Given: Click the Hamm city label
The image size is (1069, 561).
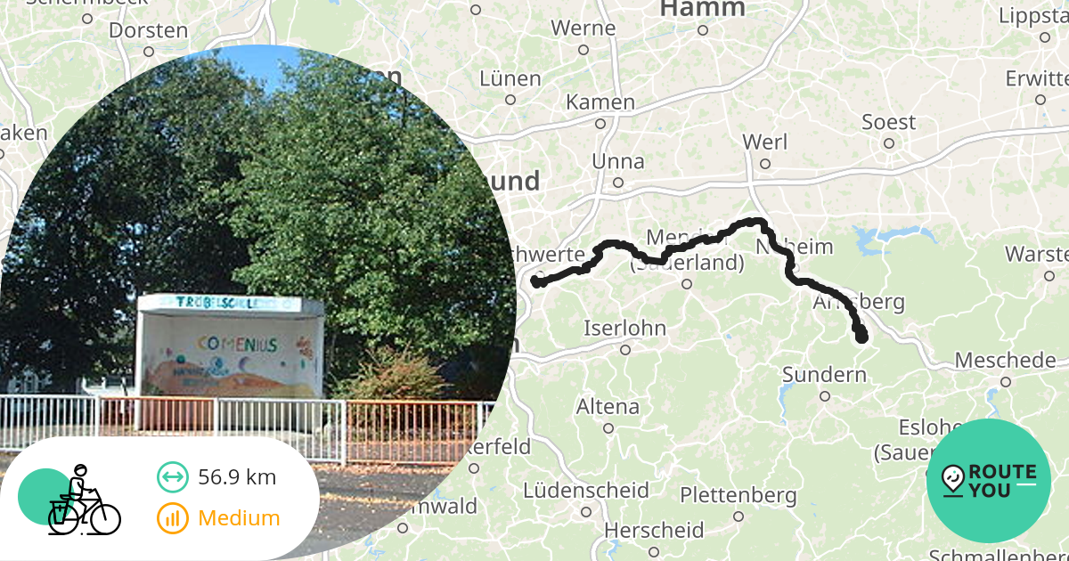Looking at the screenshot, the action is pyautogui.click(x=702, y=10).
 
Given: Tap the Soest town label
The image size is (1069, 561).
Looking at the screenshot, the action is pyautogui.click(x=888, y=123).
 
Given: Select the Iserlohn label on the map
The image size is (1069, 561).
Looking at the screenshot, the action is pyautogui.click(x=624, y=328).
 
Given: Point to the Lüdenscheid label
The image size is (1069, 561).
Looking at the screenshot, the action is pyautogui.click(x=585, y=491).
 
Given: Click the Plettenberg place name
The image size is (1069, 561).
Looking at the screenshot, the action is pyautogui.click(x=738, y=494).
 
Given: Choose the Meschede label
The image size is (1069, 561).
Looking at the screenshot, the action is pyautogui.click(x=1005, y=361).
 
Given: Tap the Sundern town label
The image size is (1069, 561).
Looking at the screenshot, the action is pyautogui.click(x=824, y=374).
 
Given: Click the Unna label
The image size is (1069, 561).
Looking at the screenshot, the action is pyautogui.click(x=618, y=162).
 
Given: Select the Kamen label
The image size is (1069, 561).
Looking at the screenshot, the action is pyautogui.click(x=600, y=102).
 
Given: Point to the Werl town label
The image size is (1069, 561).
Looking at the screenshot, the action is pyautogui.click(x=763, y=142).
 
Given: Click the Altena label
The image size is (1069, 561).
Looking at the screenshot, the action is pyautogui.click(x=608, y=407).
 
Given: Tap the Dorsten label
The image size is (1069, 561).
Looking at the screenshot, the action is pyautogui.click(x=149, y=30).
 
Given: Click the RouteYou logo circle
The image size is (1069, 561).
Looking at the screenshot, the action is pyautogui.click(x=988, y=481).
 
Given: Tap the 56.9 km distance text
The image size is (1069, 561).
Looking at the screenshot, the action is pyautogui.click(x=237, y=477).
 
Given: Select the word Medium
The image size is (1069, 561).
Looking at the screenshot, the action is pyautogui.click(x=239, y=518).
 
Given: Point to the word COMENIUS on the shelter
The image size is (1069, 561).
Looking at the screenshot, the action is pyautogui.click(x=237, y=344).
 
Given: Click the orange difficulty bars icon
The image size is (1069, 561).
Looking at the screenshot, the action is pyautogui.click(x=172, y=518).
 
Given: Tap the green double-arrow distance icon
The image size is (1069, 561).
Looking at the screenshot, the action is pyautogui.click(x=172, y=477).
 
